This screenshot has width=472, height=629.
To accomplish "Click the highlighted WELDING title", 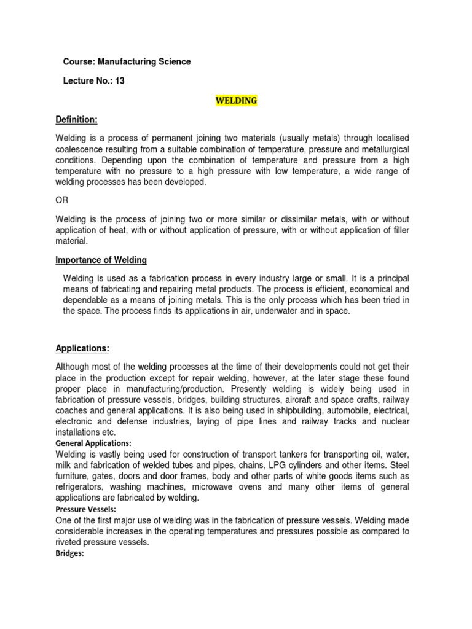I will pyautogui.click(x=236, y=101).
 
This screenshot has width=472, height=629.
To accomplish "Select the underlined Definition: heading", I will pyautogui.click(x=77, y=119).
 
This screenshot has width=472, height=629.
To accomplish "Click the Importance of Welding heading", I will pyautogui.click(x=101, y=260).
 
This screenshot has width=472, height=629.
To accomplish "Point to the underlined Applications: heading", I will pyautogui.click(x=82, y=348).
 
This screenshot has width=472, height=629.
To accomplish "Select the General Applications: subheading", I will pyautogui.click(x=93, y=443).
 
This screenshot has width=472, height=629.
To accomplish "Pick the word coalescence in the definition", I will pyautogui.click(x=81, y=150).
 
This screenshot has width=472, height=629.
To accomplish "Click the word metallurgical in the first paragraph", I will pyautogui.click(x=379, y=150).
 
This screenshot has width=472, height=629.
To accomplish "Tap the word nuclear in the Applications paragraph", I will pyautogui.click(x=394, y=421).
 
